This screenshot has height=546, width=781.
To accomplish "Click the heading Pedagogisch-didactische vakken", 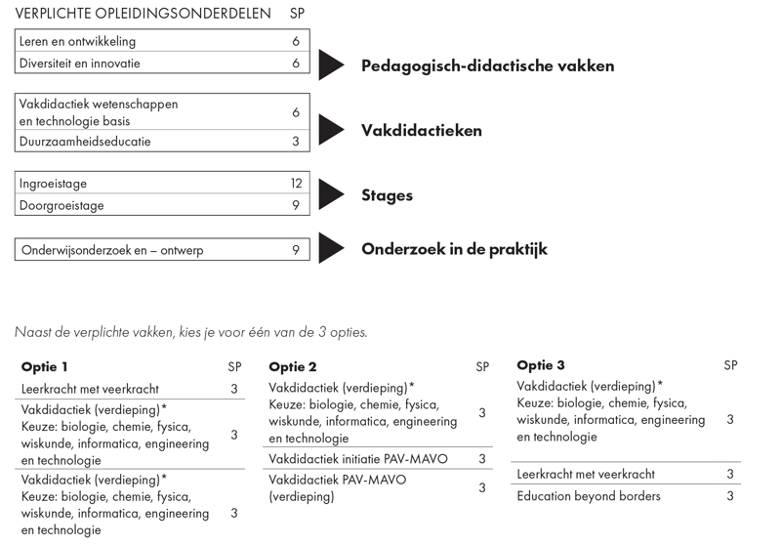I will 487,66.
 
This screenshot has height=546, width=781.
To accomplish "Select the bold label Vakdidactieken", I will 421,131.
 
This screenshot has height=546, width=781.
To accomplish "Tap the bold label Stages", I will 387,195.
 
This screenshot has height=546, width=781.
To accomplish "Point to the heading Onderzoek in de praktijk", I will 454,249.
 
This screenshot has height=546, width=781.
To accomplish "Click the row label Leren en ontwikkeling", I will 78,42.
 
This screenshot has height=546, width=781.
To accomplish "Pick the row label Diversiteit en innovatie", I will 80,63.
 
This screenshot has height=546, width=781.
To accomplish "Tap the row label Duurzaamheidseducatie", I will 85,142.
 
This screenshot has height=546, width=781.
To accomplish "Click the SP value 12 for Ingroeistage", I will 295,184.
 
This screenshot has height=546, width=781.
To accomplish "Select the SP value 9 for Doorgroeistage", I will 295,206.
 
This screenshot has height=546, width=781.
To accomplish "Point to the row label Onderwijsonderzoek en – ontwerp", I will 111,251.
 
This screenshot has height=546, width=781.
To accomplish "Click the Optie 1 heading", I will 45,367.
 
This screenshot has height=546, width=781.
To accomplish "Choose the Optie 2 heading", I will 293,367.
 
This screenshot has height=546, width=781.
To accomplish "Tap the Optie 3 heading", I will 541,366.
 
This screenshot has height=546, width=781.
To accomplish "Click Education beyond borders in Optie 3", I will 589,496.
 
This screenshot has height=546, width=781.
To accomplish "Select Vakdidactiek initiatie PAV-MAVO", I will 352,458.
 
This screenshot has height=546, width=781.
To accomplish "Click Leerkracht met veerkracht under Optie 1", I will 90,389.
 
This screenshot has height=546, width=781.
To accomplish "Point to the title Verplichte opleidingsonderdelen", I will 143,15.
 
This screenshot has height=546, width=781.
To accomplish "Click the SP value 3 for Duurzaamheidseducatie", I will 295,142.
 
